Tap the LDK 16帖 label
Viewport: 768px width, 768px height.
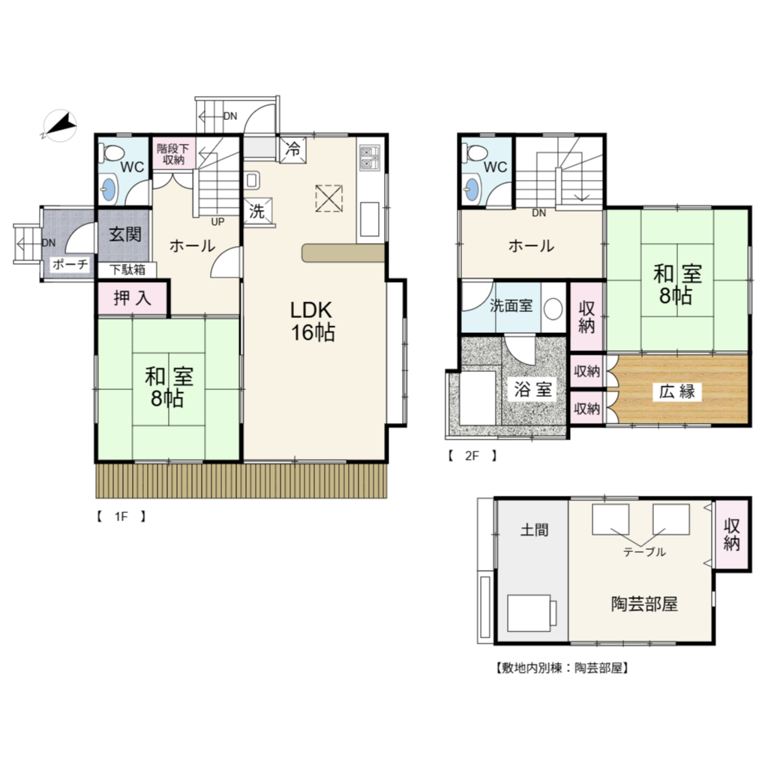[x=313, y=321]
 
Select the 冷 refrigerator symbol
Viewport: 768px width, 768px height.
[x=293, y=149]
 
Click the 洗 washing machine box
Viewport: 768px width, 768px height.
[x=258, y=211]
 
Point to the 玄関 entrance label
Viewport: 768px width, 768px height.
[x=125, y=234]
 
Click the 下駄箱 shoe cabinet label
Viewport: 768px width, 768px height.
[x=127, y=270]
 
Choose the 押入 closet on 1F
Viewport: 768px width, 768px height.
[x=133, y=298]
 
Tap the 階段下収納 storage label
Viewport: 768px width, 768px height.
[x=173, y=154]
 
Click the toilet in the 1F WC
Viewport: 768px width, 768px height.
[x=112, y=152]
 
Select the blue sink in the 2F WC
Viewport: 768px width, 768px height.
[x=472, y=190]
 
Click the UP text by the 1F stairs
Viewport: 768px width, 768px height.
[x=217, y=222]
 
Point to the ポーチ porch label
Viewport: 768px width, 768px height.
[x=70, y=265]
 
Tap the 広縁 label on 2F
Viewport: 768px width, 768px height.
[x=677, y=391]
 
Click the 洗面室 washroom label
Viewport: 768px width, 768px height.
[x=511, y=306]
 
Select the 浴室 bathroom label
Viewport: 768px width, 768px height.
[x=533, y=389]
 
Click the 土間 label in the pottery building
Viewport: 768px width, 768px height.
[x=534, y=529]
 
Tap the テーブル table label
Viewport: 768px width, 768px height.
[x=644, y=552]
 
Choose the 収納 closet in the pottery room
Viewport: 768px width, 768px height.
[x=732, y=534]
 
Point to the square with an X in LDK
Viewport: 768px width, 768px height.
[x=329, y=198]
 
